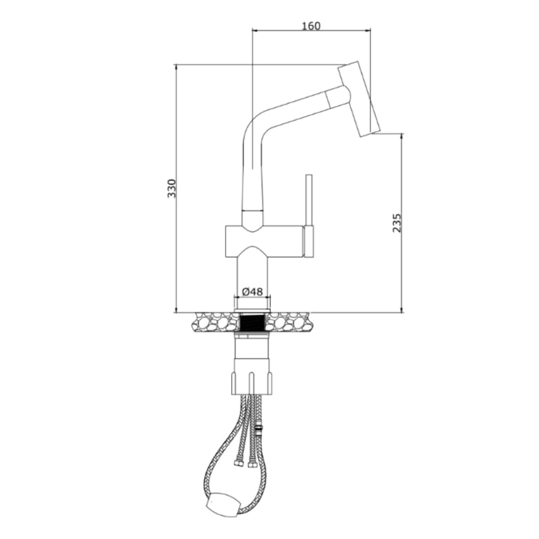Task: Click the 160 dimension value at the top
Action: [x=310, y=25]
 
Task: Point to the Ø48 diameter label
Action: [x=253, y=292]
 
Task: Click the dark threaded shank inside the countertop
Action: [x=253, y=321]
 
